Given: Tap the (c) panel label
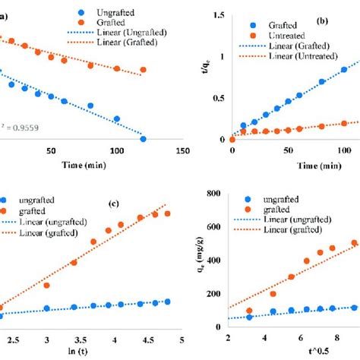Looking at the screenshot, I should [113, 204].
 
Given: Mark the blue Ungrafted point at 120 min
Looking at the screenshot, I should [143, 139].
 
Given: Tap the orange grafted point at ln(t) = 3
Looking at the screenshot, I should [47, 286].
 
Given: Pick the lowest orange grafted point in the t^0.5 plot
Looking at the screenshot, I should [249, 311].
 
